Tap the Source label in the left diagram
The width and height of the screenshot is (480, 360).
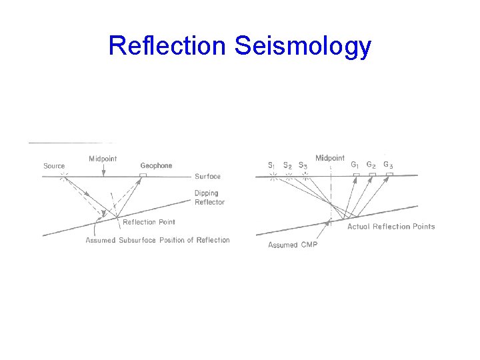(x=54, y=166)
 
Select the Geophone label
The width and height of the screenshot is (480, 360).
(x=156, y=165)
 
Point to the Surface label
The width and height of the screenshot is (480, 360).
(x=207, y=177)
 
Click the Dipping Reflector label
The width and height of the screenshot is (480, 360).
(x=209, y=198)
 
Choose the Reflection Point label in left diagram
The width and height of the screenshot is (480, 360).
(x=149, y=222)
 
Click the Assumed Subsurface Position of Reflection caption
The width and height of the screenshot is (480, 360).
(x=157, y=240)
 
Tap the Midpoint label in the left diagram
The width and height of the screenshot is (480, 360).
(x=103, y=159)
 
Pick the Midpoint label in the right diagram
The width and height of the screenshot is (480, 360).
(x=330, y=158)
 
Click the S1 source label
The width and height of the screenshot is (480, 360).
(x=272, y=165)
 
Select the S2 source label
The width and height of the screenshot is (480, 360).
(x=287, y=165)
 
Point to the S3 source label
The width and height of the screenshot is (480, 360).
(x=303, y=165)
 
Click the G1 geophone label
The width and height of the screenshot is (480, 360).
(x=357, y=165)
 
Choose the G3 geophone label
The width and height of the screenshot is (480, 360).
(x=389, y=165)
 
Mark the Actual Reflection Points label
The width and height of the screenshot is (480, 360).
(x=391, y=227)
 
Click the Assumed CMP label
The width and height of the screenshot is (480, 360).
(x=293, y=245)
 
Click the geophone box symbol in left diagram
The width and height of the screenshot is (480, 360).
(x=143, y=175)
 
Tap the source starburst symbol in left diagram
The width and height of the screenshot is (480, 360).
(x=63, y=176)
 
